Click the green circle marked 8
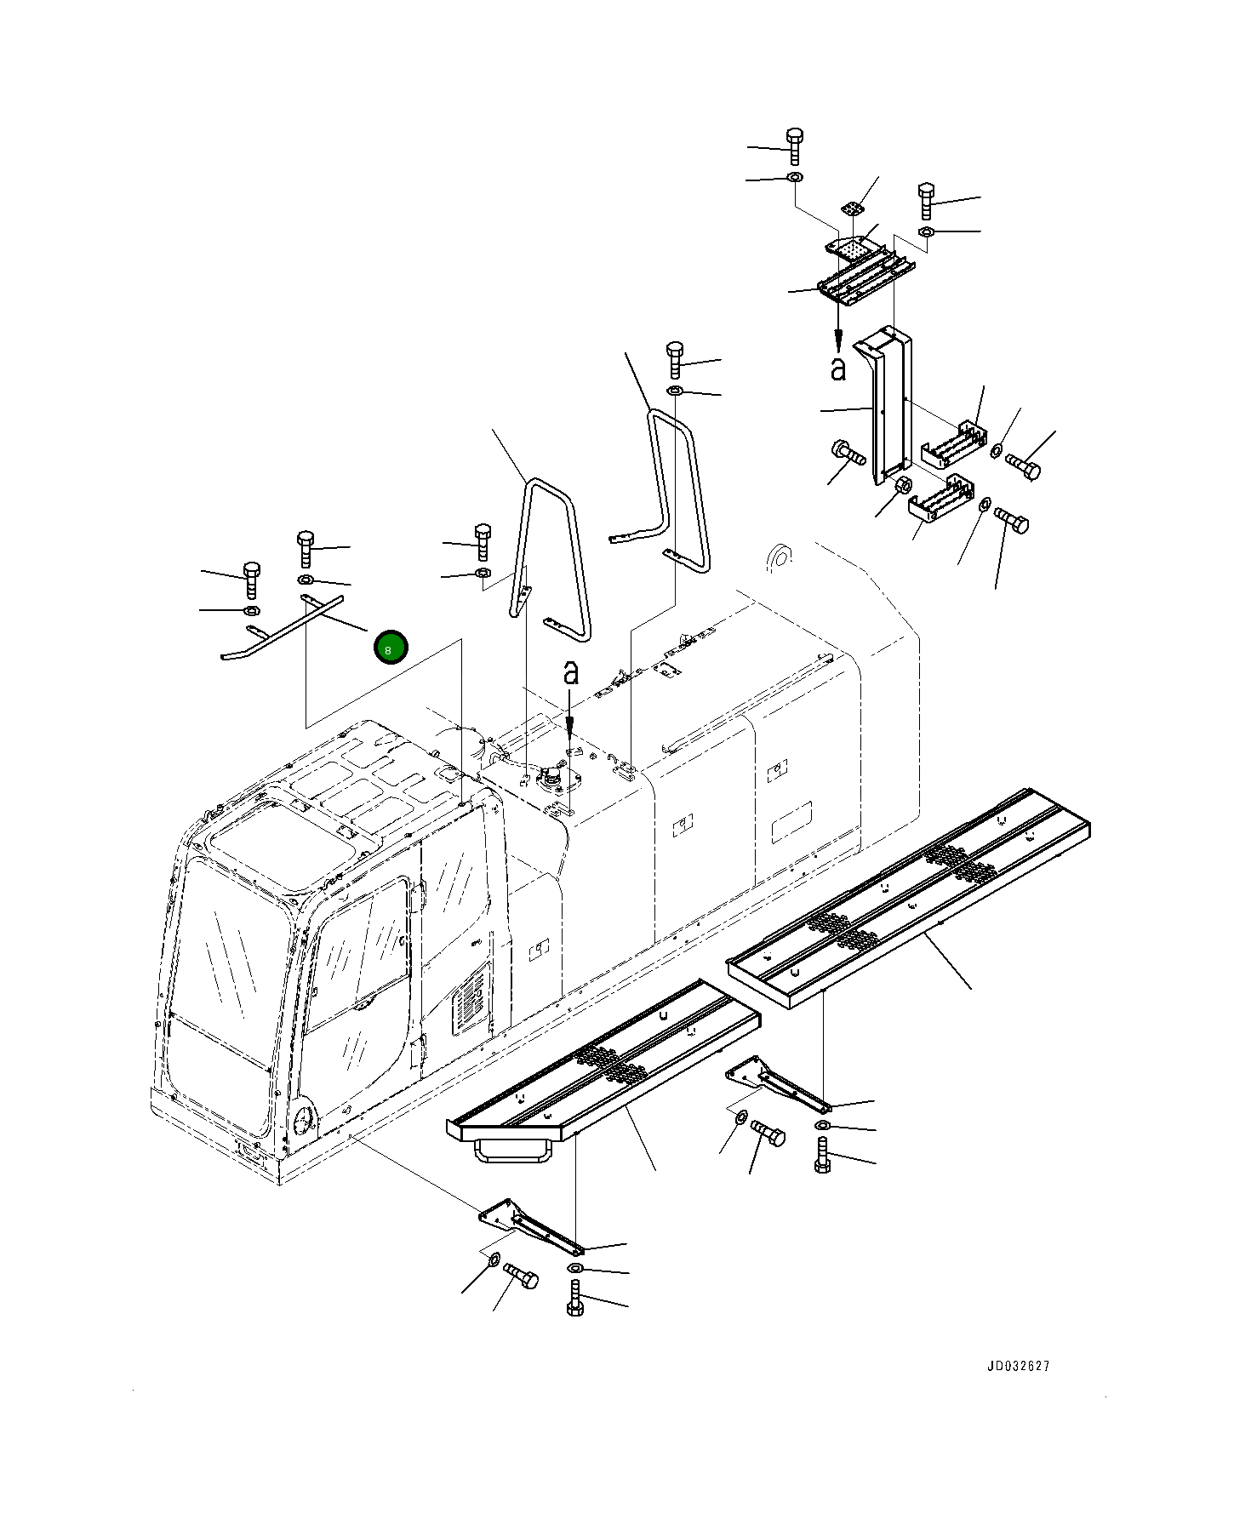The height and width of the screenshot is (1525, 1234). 391,648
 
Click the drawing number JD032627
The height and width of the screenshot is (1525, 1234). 1018,1365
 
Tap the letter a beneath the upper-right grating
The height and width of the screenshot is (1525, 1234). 838,368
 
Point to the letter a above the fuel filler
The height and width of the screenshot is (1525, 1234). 570,672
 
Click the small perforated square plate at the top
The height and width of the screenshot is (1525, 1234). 852,208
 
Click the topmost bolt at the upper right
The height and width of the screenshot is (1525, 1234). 794,146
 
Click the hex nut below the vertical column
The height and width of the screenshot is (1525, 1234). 904,488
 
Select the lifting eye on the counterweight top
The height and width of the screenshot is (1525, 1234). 778,558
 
